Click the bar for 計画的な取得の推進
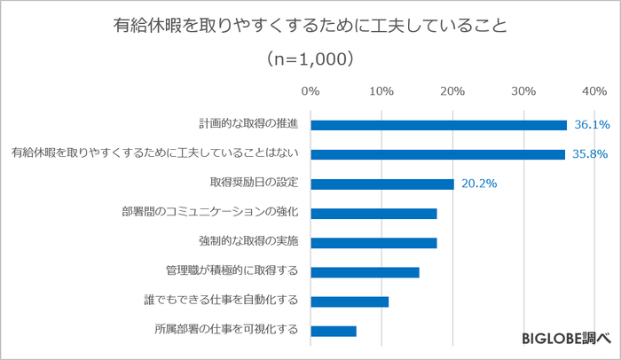[438, 125]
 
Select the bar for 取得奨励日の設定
[382, 184]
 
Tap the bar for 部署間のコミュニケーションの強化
[373, 213]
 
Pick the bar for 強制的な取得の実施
[373, 242]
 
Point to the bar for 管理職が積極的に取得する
[365, 272]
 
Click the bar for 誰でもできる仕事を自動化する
[350, 301]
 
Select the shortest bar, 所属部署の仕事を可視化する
[334, 331]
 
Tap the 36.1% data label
[592, 125]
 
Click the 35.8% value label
[590, 154]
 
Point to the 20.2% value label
[478, 184]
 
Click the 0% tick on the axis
[310, 91]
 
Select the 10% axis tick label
[381, 91]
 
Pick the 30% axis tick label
[523, 91]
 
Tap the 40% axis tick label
[594, 91]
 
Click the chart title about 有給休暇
[310, 26]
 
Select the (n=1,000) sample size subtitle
[310, 59]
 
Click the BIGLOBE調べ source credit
[565, 338]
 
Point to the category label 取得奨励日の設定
[253, 184]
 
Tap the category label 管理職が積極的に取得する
[232, 272]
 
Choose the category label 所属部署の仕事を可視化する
[225, 331]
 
